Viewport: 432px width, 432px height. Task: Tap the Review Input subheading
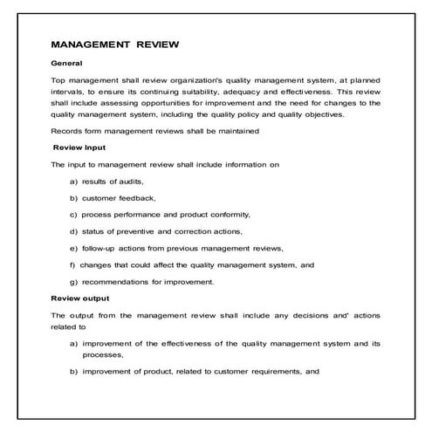[x=80, y=147]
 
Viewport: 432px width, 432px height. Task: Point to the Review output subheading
[x=80, y=298]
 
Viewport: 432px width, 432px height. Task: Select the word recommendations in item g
[x=122, y=281]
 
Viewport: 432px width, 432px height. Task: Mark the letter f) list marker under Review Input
[x=72, y=264]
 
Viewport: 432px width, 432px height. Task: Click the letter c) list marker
[x=73, y=215]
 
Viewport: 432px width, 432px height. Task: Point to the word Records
[x=67, y=131]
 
